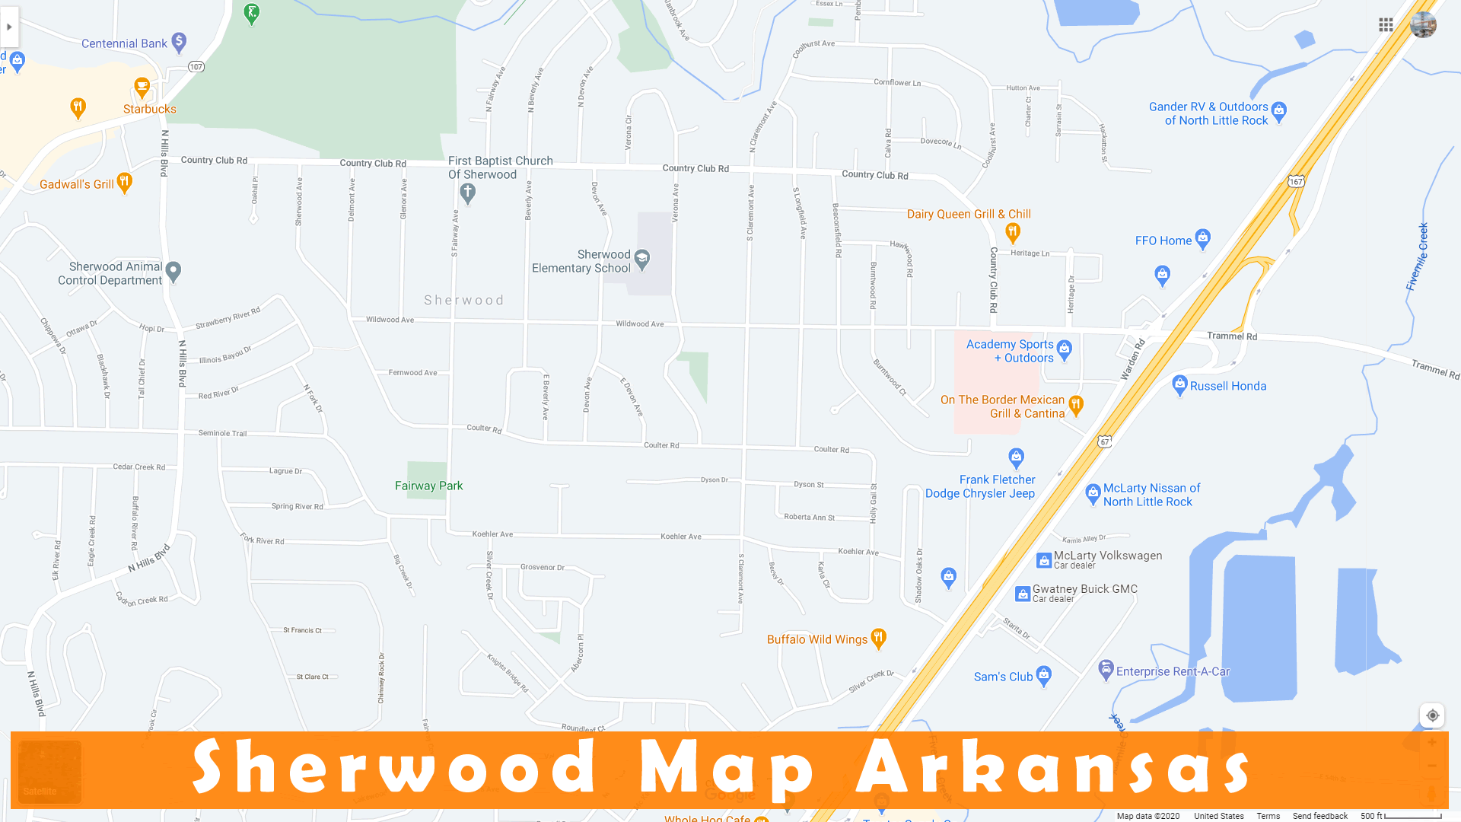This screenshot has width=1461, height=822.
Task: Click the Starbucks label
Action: (x=149, y=109)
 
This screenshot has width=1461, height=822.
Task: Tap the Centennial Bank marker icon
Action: (x=179, y=42)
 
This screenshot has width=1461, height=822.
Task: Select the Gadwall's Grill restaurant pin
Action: (x=125, y=182)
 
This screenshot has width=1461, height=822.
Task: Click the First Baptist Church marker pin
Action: (x=468, y=193)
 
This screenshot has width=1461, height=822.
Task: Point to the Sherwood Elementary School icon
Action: (x=642, y=260)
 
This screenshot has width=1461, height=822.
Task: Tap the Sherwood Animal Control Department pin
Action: (x=173, y=271)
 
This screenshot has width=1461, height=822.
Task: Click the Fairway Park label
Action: (x=428, y=486)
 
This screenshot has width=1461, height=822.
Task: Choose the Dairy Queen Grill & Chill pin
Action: (x=1012, y=231)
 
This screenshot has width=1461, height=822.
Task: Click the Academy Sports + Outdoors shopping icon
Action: (x=1065, y=349)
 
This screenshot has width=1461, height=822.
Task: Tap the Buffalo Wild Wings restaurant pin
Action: (x=879, y=638)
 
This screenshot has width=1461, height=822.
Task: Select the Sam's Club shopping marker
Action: (x=1044, y=675)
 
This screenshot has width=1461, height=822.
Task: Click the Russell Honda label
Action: (x=1227, y=386)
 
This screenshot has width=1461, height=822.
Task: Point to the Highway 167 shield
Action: (x=1296, y=181)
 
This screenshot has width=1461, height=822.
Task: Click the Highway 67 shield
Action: (x=1105, y=441)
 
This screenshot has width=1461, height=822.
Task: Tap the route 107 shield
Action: (x=196, y=67)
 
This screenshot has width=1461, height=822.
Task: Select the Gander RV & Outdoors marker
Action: (x=1279, y=111)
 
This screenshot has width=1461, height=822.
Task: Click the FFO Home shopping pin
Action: (x=1202, y=238)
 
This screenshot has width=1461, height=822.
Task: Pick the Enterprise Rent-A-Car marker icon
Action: (x=1106, y=670)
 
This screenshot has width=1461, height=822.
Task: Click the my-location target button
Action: (x=1432, y=715)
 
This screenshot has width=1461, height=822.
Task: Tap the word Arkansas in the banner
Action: (x=1053, y=767)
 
